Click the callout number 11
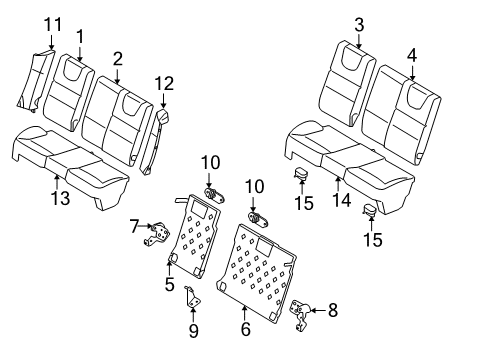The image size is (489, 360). coord(53,24)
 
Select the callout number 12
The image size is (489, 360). coord(164,83)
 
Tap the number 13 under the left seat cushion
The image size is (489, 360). coord(61,198)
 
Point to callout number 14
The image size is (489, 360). coord(342,200)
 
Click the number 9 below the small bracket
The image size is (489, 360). coord(194,330)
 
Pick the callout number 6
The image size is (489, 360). coord(246,329)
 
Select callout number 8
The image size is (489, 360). coord(333,310)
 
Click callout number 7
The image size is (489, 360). coord(134,226)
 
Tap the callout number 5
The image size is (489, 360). coord(170,284)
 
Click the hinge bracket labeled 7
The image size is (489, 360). coord(157,234)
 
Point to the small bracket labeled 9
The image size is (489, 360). coord(192,297)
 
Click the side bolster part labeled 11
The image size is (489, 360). coord(35,80)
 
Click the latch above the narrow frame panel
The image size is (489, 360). coord(214,195)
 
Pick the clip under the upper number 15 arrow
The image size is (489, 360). coord(301,174)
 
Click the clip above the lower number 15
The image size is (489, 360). coord(370,210)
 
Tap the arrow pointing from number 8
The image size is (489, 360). coord(318,311)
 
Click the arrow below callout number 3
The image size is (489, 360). coord(359,41)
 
